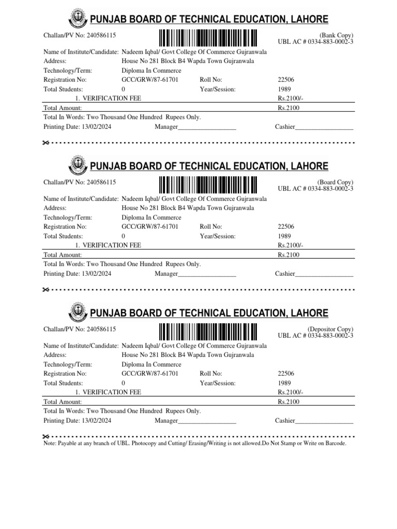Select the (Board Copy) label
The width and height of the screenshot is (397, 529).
pos(335,182)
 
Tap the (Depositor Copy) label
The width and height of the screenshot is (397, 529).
pos(331,329)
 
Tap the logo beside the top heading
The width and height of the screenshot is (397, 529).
pos(78,20)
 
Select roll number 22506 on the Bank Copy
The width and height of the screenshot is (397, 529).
pos(286,80)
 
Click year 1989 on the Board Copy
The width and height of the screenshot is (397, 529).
pos(284,236)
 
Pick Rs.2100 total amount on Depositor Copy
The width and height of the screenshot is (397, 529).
pos(288,401)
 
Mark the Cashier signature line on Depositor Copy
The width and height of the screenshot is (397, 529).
pos(324,421)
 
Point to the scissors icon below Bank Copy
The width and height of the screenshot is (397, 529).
pos(46,143)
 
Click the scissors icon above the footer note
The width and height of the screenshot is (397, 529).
pos(46,436)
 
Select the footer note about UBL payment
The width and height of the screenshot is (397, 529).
pos(195,443)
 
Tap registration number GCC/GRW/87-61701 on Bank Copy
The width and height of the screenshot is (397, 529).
pos(150,80)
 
